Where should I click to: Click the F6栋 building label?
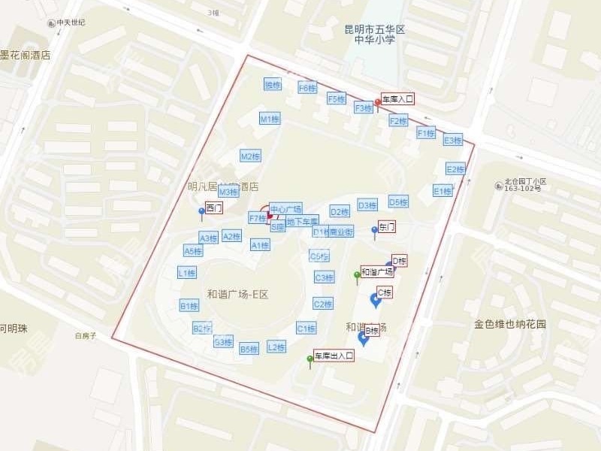307,88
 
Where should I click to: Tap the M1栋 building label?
270,119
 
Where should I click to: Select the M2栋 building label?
250,156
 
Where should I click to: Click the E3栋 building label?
453,140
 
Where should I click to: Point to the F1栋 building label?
426,132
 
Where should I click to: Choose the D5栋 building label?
398,201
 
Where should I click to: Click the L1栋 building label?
187,273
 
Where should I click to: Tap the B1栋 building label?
189,305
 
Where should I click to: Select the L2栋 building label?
276,347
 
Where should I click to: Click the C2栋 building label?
323,304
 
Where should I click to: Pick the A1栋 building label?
260,245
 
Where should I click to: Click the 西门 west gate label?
213,208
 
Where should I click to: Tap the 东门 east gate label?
387,226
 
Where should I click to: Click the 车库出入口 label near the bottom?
334,356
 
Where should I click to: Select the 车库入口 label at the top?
397,98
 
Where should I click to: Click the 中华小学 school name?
374,41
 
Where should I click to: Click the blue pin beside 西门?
201,212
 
